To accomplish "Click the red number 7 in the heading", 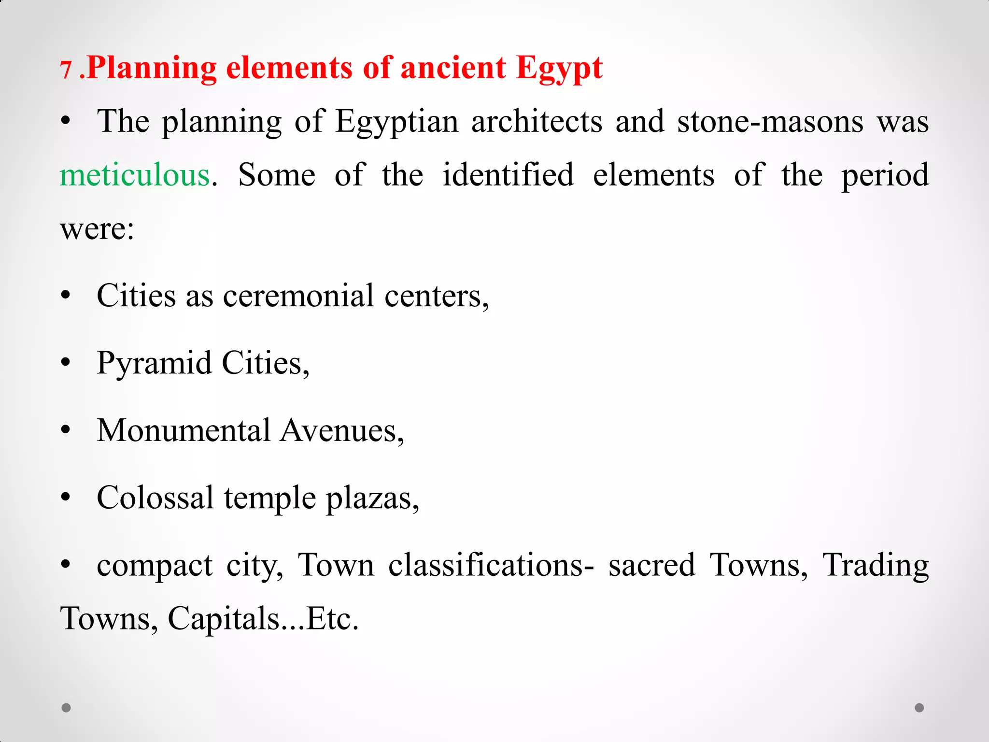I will pos(66,70).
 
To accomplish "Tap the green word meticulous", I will pos(135,175).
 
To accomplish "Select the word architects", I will pos(537,121).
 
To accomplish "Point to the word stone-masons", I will pos(770,121).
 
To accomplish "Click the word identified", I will pos(508,175).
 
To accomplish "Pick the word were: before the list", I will pos(97,228).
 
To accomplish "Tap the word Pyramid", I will pos(154,363).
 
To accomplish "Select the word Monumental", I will pos(184,430).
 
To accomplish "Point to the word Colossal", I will pos(155,498).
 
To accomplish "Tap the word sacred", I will pos(651,565).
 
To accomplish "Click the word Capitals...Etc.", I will pos(263,619).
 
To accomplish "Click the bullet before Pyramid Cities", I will pos(66,363).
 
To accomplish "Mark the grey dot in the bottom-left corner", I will pos(67,708).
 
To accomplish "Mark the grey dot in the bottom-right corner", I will pos(919,708).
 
